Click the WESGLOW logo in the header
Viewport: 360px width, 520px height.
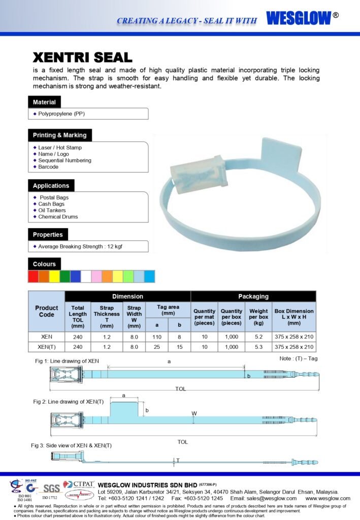click(x=298, y=18)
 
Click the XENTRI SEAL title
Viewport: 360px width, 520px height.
click(x=82, y=57)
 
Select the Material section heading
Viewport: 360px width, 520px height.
click(x=44, y=102)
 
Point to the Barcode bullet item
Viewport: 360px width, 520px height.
click(x=48, y=167)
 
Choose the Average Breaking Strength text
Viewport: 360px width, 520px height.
click(x=80, y=246)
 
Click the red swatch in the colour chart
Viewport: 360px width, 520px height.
click(x=33, y=276)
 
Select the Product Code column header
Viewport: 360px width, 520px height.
click(x=47, y=311)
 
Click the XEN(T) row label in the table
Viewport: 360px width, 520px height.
click(x=47, y=347)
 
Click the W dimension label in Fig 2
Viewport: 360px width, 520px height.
click(x=194, y=413)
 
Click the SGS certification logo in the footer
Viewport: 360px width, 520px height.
click(x=51, y=489)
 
